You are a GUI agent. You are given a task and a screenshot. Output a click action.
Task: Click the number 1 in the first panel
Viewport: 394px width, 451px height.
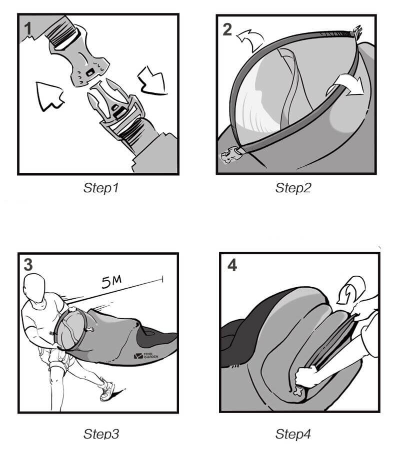pos(27,29)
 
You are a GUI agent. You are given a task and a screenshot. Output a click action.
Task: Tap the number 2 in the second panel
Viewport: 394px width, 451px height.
pos(227,29)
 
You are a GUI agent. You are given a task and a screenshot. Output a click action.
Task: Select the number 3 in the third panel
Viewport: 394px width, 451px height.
pos(28,265)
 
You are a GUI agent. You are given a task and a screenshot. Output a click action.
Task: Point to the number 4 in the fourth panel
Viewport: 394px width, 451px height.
pos(232,265)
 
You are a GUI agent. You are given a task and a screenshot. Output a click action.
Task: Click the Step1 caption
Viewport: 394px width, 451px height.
pos(101,188)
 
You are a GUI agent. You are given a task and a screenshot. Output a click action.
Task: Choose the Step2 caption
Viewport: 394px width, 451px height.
pos(293,188)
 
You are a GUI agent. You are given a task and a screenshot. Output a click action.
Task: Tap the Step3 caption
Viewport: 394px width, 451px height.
pos(101,434)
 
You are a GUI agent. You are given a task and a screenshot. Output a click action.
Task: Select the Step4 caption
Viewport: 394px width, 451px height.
pos(293,434)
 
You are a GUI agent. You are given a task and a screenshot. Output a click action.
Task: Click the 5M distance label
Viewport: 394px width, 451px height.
pos(111,282)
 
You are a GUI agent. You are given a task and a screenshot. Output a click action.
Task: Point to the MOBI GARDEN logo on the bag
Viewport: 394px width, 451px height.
pos(146,356)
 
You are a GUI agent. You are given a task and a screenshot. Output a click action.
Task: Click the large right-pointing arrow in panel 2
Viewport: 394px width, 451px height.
pos(345,84)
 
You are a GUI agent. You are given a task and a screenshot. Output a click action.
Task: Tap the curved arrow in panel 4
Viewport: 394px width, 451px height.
pos(351,289)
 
